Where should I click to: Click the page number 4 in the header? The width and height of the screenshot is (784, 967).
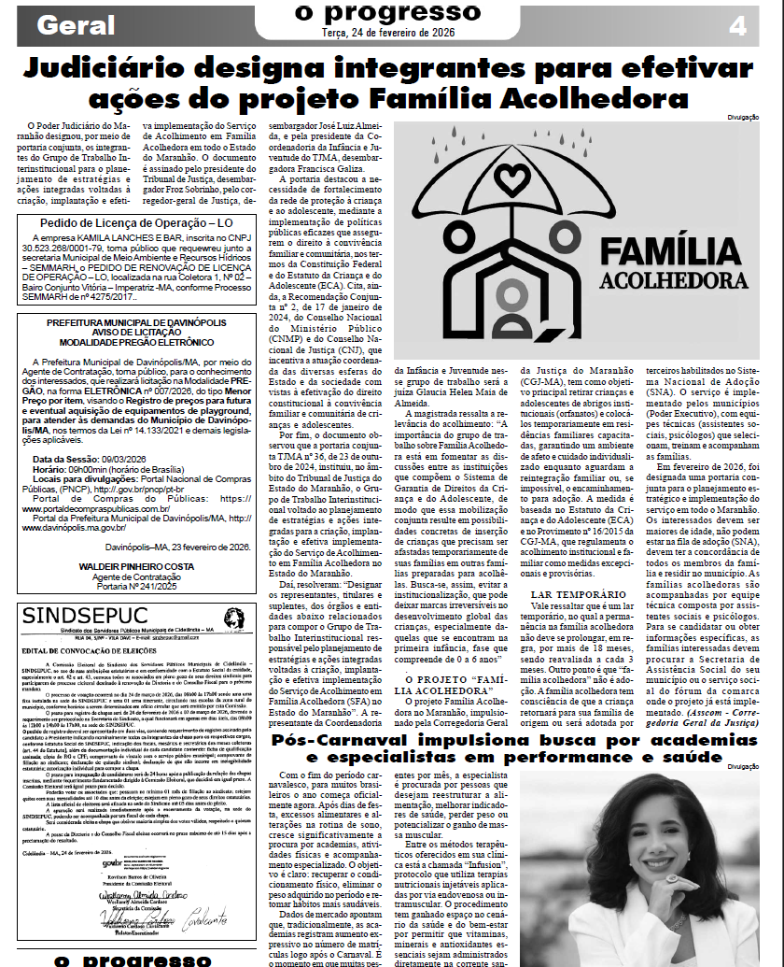click(737, 26)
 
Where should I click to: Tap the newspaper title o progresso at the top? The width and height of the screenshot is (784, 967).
click(386, 11)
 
